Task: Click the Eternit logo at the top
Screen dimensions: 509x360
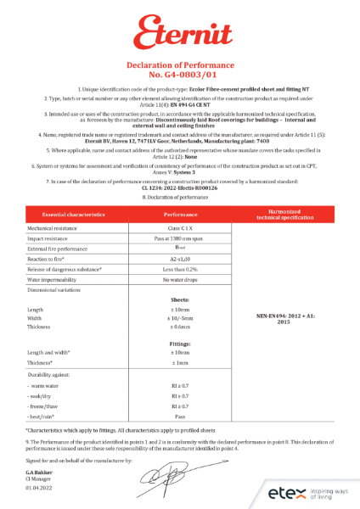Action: point(180,31)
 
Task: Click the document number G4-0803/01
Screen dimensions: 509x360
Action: point(180,75)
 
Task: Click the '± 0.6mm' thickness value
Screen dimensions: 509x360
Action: point(180,330)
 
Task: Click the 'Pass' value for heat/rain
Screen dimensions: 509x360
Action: point(180,417)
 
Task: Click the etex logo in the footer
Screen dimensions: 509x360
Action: point(284,492)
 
